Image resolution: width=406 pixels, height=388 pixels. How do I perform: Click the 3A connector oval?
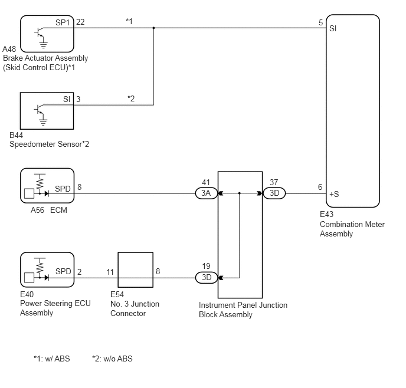click(x=206, y=193)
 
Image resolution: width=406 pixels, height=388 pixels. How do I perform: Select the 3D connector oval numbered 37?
click(x=274, y=193)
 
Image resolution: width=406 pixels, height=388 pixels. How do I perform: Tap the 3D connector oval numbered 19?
click(x=206, y=277)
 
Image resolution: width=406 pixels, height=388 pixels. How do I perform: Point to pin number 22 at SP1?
click(x=80, y=22)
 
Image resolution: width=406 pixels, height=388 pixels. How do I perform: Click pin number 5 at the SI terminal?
click(x=320, y=22)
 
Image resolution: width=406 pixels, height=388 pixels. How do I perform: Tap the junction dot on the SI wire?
click(x=154, y=28)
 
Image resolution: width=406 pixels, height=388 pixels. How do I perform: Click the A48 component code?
click(x=10, y=49)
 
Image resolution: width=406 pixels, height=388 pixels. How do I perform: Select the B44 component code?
click(x=17, y=135)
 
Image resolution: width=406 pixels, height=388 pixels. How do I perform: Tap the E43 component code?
click(x=328, y=216)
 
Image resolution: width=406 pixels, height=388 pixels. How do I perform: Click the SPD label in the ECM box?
click(x=63, y=189)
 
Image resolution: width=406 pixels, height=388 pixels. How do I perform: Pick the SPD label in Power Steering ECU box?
click(x=63, y=271)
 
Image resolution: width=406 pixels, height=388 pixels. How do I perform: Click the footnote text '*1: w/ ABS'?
click(x=52, y=359)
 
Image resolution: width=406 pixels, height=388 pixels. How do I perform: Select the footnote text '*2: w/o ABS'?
click(x=112, y=359)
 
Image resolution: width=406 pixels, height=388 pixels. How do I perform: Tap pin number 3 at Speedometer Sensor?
click(x=78, y=98)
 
